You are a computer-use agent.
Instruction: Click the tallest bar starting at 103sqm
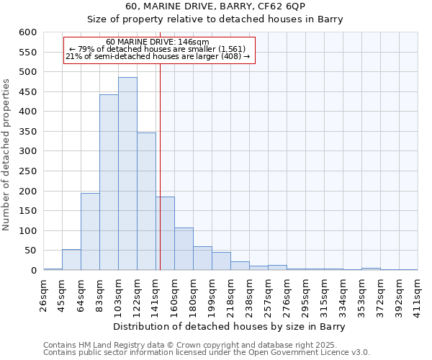click(x=127, y=174)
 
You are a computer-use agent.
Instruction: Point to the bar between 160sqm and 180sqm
click(x=184, y=249)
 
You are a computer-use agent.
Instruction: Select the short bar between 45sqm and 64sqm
click(x=71, y=260)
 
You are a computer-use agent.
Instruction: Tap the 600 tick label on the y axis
click(x=28, y=32)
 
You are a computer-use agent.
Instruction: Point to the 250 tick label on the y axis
click(x=28, y=171)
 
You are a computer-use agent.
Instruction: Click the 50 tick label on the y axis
click(x=31, y=251)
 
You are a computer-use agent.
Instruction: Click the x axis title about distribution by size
click(x=230, y=327)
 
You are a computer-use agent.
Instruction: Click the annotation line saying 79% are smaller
click(x=158, y=49)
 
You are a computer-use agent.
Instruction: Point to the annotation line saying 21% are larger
click(x=158, y=56)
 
